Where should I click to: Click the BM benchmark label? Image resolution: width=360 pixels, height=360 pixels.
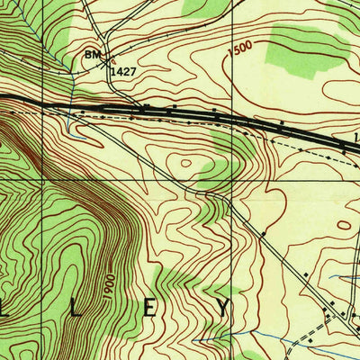point(92,55)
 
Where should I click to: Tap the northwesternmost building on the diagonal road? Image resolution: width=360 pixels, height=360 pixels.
point(264,236)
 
